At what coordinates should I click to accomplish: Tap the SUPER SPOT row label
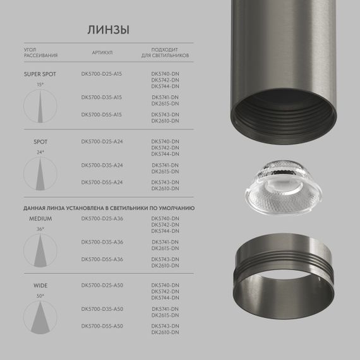pyautogui.click(x=40, y=73)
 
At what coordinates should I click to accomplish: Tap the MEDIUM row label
pyautogui.click(x=40, y=218)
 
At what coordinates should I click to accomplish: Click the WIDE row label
pyautogui.click(x=40, y=285)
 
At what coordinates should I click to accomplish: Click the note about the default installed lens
pyautogui.click(x=109, y=207)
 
